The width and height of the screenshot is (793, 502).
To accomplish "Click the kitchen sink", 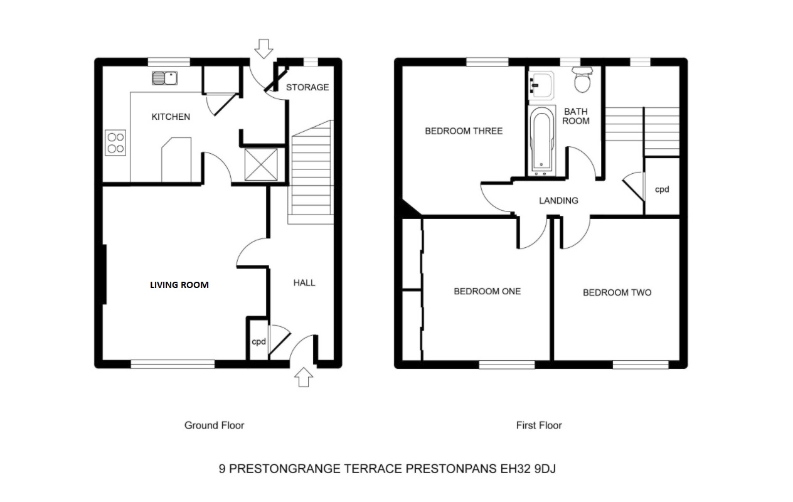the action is tap(165, 78).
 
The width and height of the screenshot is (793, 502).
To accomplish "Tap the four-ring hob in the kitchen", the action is tap(115, 142).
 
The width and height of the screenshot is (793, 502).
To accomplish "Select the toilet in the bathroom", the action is tap(583, 80).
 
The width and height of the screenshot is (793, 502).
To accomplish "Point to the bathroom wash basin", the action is tap(541, 85).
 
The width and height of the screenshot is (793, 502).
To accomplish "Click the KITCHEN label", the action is tap(171, 117).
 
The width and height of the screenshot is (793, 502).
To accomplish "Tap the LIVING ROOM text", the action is tap(179, 284).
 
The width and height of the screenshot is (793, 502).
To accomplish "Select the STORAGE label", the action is tap(307, 87).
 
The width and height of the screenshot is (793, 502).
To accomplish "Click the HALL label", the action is tap(304, 283).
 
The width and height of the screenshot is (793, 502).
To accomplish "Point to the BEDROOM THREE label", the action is tap(464, 131).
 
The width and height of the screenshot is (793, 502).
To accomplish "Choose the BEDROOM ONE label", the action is tap(487, 291).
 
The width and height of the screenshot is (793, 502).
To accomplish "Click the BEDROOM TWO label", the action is tap(617, 292).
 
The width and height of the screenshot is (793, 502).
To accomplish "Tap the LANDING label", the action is tap(558, 201).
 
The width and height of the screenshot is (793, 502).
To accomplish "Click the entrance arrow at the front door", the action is tap(304, 378).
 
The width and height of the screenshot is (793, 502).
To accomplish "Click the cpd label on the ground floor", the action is tap(259, 342).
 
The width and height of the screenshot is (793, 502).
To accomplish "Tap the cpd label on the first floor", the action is tap(662, 189).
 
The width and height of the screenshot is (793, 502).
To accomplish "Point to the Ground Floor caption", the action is tap(214, 425).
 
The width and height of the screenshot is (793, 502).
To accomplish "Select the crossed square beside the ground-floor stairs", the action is tap(260, 164).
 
